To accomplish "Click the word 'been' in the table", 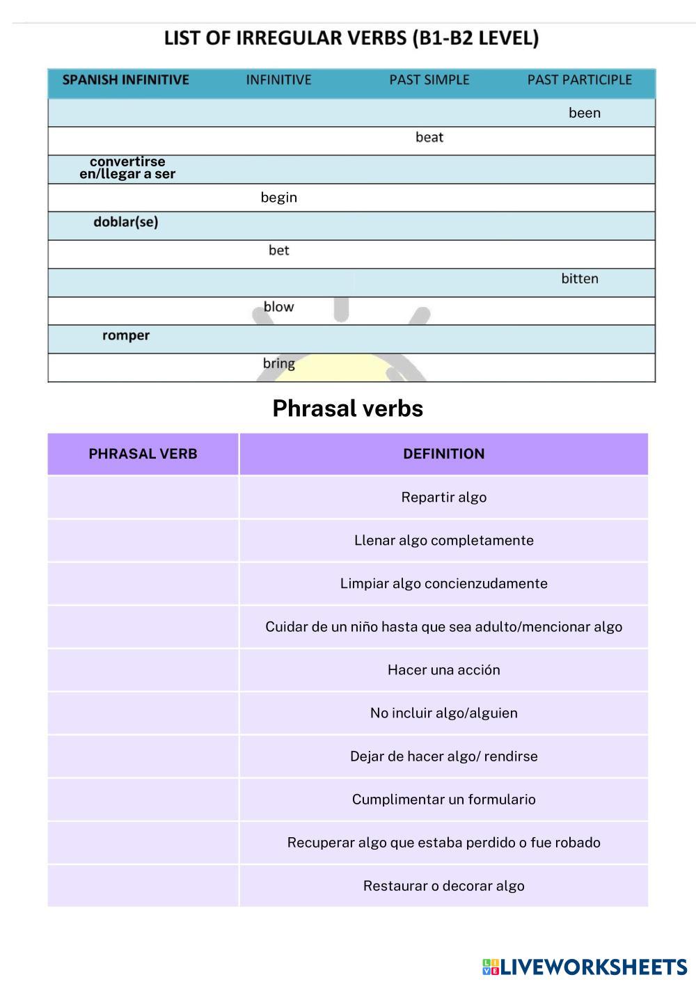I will click(584, 113).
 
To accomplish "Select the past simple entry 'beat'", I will click(429, 137).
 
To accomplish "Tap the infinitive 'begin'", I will click(278, 198).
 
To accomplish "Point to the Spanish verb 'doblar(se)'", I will click(126, 222).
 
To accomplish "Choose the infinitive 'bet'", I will click(278, 251).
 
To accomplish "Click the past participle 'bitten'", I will click(580, 278).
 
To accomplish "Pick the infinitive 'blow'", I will click(278, 307).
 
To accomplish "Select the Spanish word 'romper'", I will click(126, 335).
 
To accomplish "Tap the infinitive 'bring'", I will click(278, 363).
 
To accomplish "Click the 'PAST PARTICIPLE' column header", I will click(579, 80).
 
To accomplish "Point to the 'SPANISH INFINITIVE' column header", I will click(126, 80).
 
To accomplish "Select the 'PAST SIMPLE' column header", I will click(429, 80).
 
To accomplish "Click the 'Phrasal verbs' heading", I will click(347, 408).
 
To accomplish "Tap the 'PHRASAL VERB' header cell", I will click(143, 454).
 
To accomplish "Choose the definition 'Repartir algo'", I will click(443, 498).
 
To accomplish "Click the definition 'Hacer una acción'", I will click(443, 670).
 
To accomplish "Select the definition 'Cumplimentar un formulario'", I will click(443, 800).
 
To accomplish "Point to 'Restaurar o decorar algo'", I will click(443, 886).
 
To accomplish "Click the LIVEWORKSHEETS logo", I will click(585, 967).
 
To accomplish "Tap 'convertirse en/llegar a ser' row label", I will click(127, 168).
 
